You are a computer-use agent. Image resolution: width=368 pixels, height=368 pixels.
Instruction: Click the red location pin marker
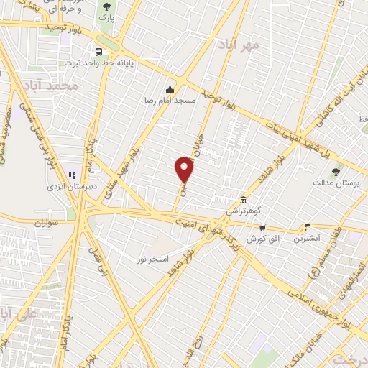(x=185, y=170)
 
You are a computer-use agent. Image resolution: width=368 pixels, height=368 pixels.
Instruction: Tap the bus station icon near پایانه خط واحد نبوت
(x=98, y=52)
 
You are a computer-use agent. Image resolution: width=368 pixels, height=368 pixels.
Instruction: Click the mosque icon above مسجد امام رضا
(x=170, y=89)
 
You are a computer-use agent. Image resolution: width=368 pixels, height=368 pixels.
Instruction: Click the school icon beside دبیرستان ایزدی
(x=71, y=175)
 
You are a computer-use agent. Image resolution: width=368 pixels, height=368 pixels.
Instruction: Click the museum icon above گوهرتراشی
(x=244, y=199)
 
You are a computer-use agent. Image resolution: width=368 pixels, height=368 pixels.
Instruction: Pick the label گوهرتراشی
(x=244, y=211)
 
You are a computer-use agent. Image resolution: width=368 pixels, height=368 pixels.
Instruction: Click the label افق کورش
(x=262, y=238)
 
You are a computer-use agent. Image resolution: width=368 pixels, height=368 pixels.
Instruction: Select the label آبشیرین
(x=308, y=238)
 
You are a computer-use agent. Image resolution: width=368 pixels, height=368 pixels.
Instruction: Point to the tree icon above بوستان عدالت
(x=336, y=170)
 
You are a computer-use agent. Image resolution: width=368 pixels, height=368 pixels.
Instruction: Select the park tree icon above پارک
(x=107, y=6)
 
